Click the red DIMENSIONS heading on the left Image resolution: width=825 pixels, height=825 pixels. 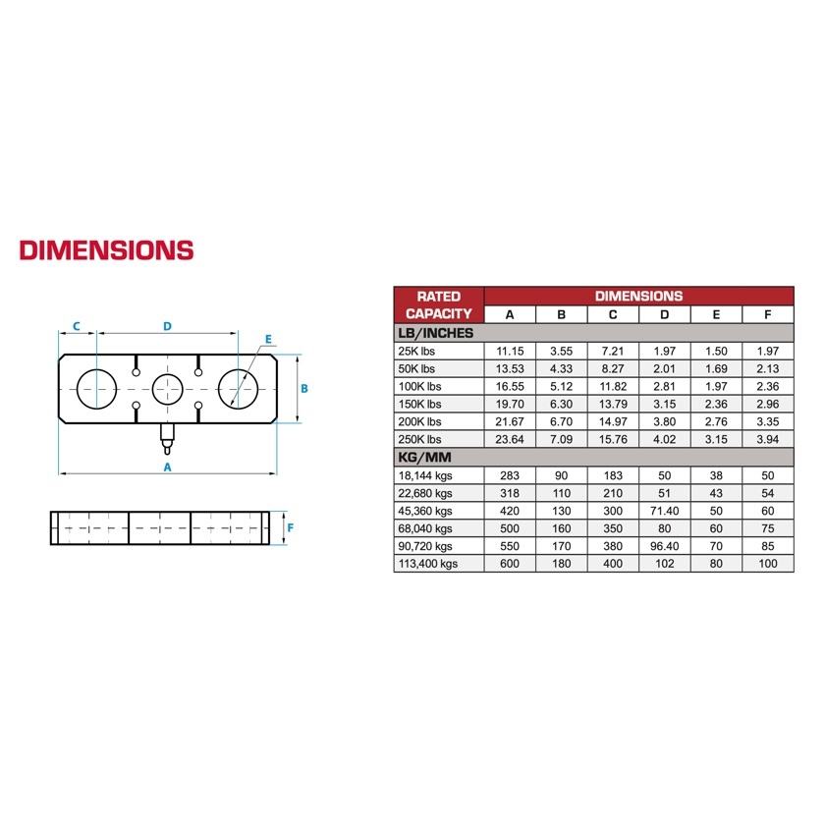(107, 250)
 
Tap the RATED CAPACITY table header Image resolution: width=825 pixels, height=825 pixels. (439, 305)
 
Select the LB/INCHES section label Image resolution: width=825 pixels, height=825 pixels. (436, 333)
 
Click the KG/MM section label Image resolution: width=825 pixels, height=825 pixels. (424, 458)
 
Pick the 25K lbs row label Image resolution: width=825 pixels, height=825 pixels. (416, 351)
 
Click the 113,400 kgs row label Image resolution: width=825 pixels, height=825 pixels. (428, 564)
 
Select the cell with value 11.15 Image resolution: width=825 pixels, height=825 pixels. (510, 351)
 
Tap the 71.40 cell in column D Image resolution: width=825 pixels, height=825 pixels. (665, 511)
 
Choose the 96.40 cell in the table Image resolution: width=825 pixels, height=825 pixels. (665, 546)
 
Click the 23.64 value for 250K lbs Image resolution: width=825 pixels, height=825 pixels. (510, 439)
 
